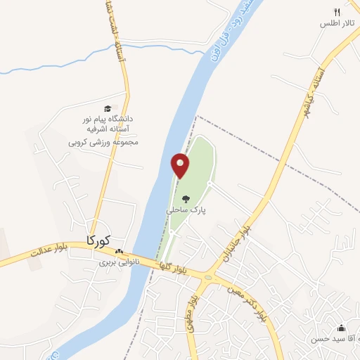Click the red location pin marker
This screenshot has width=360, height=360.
point(181,165)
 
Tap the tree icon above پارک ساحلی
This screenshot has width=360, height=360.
point(186,199)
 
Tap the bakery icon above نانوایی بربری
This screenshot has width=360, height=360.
point(119,252)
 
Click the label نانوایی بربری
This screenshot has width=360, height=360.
point(118,262)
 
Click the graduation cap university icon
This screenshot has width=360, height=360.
point(108,108)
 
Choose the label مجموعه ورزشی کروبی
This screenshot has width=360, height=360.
point(103,141)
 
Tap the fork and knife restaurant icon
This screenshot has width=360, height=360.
point(337,12)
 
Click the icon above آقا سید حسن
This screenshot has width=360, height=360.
point(342,328)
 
